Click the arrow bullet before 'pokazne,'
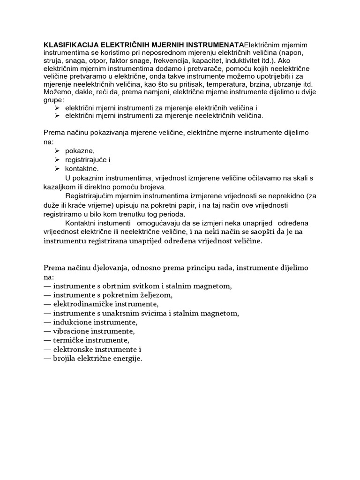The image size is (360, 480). point(56,151)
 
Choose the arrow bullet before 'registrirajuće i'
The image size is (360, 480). point(56,160)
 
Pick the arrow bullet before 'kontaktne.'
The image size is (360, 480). point(56,169)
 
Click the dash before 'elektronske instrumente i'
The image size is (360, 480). point(47,350)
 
